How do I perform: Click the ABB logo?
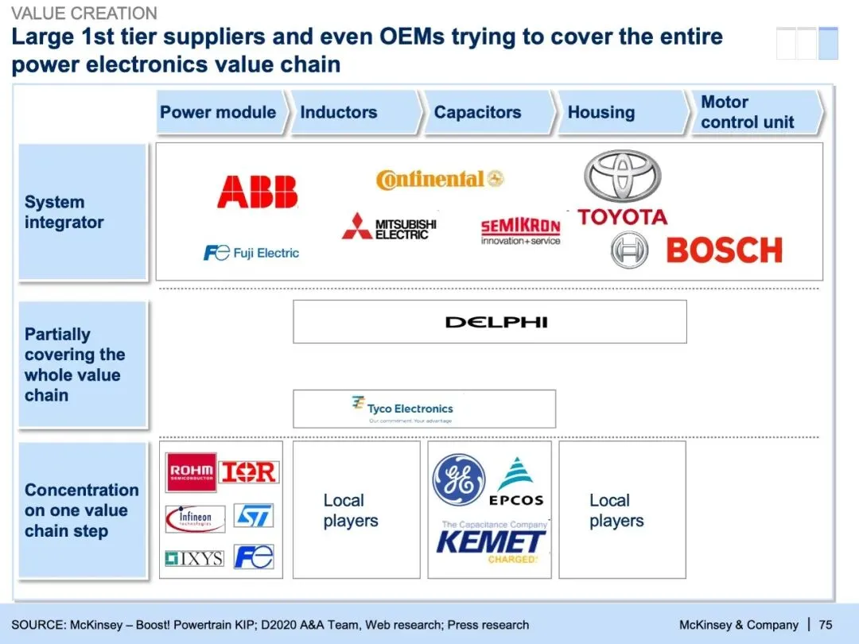[x=257, y=192]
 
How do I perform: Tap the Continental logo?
[x=440, y=180]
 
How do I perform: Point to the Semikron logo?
[x=520, y=231]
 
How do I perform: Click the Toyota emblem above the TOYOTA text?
[x=622, y=177]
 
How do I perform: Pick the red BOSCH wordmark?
[x=724, y=250]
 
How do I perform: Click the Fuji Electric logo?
[x=251, y=253]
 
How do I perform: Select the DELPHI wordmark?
[x=496, y=322]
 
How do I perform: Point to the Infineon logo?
[x=195, y=518]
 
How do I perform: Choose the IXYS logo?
[x=194, y=558]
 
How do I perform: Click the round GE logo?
[x=458, y=479]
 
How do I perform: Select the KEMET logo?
[x=491, y=543]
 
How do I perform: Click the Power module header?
[x=218, y=112]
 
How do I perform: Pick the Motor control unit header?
[x=748, y=112]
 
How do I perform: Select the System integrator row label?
[x=64, y=212]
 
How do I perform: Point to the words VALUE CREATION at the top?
[x=84, y=14]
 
